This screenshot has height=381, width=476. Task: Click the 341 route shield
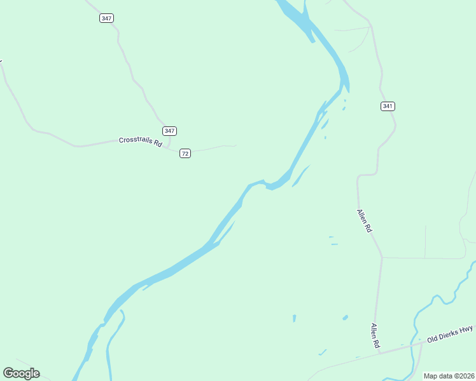coord(388,106)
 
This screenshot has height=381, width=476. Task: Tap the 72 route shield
coord(185,154)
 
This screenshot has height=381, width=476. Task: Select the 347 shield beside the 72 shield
coord(169,131)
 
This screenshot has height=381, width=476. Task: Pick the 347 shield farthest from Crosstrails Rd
coord(106,18)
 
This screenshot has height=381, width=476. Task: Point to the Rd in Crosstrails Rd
coord(158,144)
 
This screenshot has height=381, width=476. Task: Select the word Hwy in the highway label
coord(466,328)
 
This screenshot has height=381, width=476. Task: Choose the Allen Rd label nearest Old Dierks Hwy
coord(375,335)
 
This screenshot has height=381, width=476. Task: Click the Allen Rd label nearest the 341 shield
coord(363,221)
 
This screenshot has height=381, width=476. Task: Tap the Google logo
coord(21,373)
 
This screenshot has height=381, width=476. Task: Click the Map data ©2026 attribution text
coord(449,376)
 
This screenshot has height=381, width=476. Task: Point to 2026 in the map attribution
coord(466,376)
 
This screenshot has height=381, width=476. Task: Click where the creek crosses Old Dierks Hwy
coord(419,344)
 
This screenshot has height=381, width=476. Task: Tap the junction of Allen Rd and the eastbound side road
coord(382,258)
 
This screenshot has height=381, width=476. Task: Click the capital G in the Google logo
coord(8,373)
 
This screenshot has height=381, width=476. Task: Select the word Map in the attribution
coord(430,376)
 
